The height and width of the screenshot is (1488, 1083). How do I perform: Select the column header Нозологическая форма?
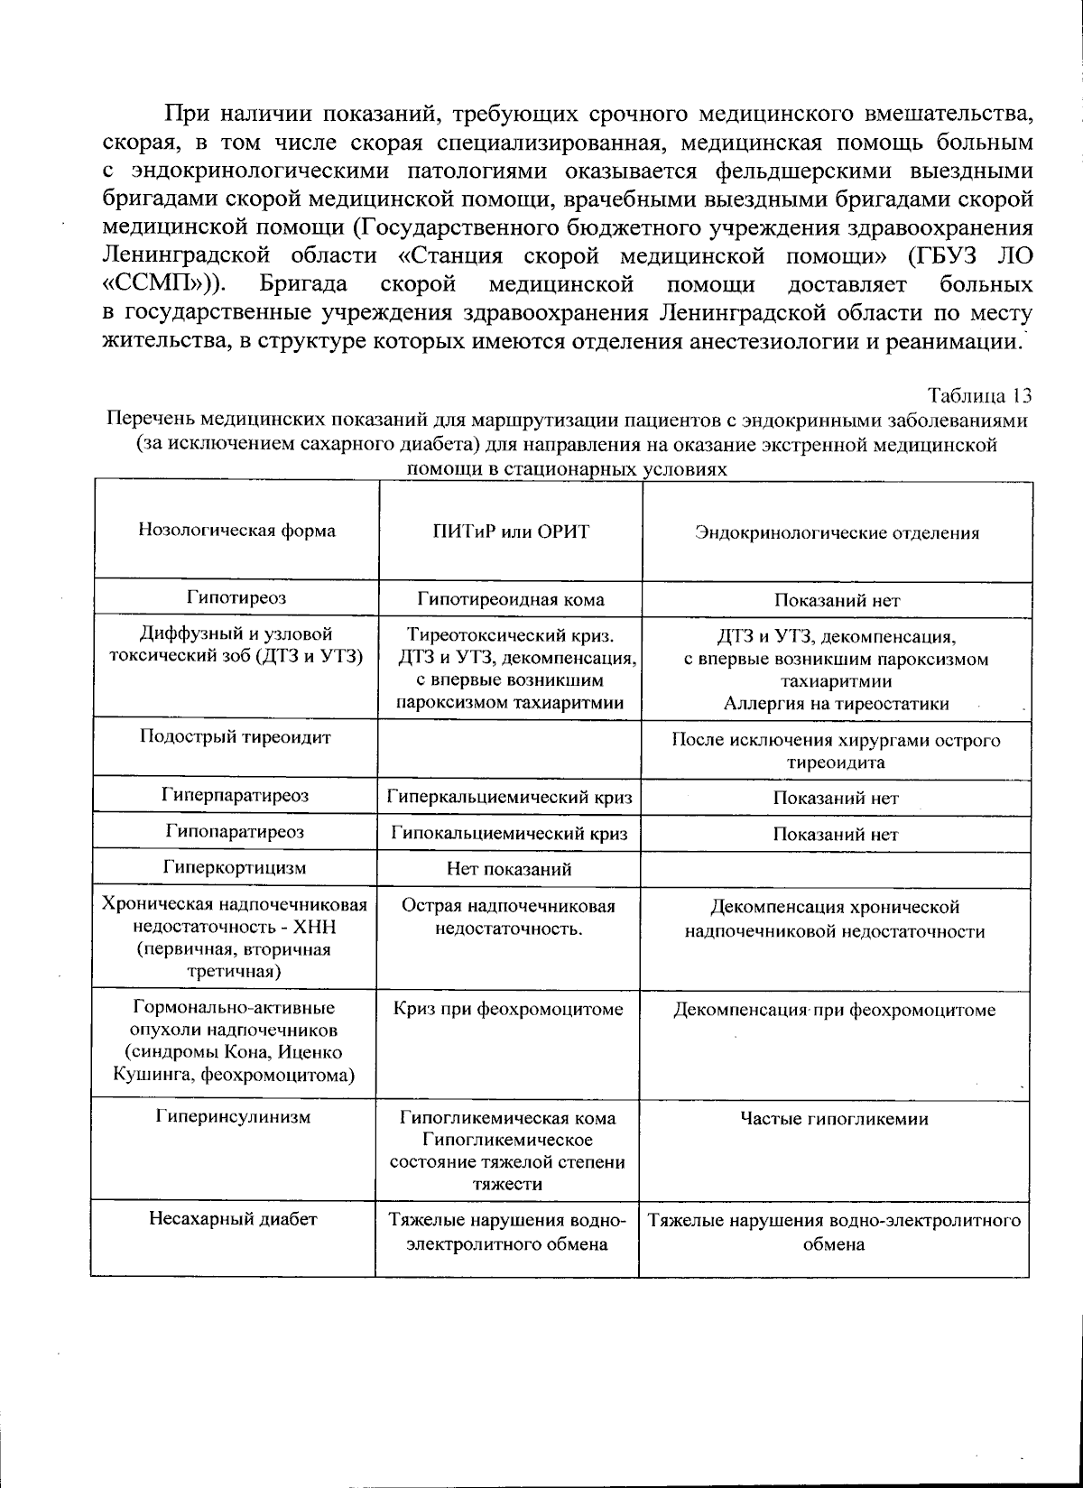click(236, 531)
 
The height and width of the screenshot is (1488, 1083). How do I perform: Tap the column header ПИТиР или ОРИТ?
click(510, 531)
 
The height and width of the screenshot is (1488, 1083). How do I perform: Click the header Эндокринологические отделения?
click(836, 532)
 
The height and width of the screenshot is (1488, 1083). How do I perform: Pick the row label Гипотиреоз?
click(236, 597)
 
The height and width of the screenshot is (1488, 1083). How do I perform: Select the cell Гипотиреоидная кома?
click(510, 599)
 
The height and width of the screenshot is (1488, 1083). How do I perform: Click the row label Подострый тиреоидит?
click(236, 736)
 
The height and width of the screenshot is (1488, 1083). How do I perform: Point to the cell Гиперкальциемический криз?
click(510, 798)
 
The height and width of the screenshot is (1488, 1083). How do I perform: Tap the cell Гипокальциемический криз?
click(510, 834)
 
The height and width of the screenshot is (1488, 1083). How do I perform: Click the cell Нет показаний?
click(510, 870)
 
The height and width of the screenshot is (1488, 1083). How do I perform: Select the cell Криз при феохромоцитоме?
click(510, 1009)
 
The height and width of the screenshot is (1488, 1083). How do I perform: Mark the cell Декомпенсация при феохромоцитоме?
click(835, 1010)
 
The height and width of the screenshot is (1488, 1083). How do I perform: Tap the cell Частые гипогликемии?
click(835, 1119)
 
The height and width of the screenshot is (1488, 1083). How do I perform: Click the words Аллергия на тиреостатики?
click(835, 704)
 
